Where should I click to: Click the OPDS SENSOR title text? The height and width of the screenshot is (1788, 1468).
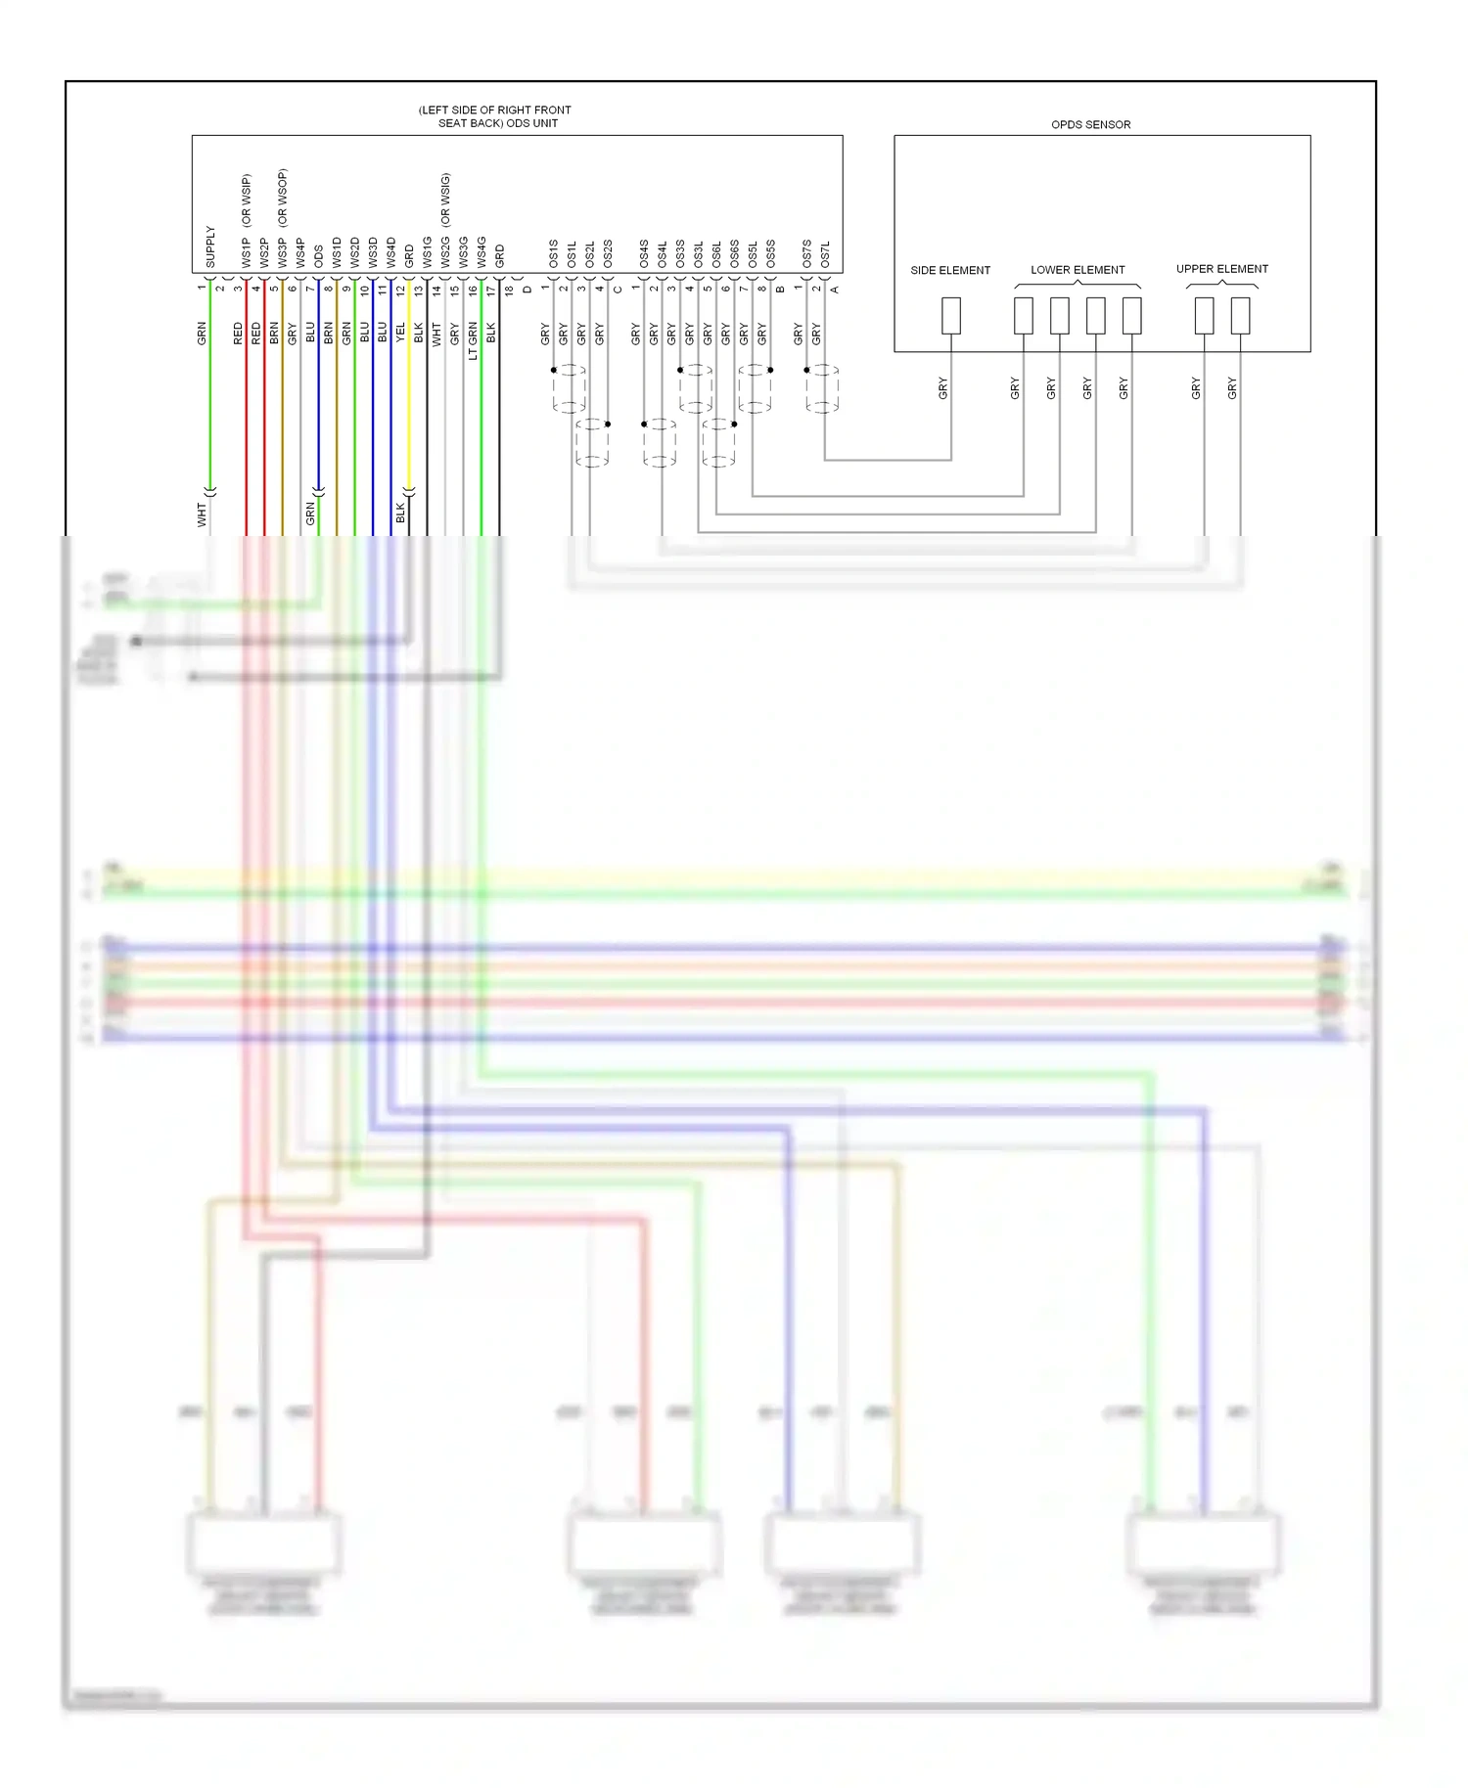point(1090,124)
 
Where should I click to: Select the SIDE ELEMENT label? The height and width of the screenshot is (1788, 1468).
point(949,270)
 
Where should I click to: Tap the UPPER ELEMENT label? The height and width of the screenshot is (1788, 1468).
point(1221,269)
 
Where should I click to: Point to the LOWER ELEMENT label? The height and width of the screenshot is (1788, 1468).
point(1077,270)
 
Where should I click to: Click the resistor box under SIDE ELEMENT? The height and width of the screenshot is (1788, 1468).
point(950,316)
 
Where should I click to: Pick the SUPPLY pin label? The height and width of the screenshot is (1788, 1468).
point(210,247)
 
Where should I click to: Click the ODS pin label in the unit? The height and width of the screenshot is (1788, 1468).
point(319,256)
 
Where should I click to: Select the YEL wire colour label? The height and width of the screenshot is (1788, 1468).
point(400,333)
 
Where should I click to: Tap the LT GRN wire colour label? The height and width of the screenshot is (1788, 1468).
point(473,340)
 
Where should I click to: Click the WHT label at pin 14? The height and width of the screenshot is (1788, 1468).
point(436,334)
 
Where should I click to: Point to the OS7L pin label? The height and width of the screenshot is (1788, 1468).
point(825,254)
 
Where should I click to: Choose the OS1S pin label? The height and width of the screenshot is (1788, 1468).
point(553,253)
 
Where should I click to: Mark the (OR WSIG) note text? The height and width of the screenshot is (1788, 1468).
point(445,199)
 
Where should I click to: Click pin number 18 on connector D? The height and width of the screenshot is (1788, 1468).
point(509,290)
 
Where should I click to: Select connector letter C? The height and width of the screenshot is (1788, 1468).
point(618,290)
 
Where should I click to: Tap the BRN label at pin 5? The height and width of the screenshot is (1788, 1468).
point(274,333)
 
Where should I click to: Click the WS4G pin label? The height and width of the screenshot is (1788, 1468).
point(482,252)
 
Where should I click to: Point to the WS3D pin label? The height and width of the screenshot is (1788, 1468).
point(373,252)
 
